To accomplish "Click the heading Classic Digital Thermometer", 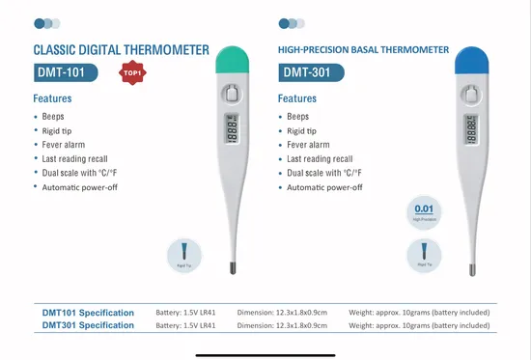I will [x=121, y=49].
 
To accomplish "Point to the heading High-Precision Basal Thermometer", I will [x=363, y=49].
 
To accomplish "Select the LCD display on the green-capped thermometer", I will [x=232, y=129].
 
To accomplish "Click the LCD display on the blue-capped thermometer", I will [x=470, y=129].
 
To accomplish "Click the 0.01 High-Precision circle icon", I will [x=423, y=211].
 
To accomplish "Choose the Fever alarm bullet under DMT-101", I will [x=64, y=145].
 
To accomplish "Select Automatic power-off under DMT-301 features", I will [x=324, y=187].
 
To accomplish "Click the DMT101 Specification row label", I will [x=88, y=313].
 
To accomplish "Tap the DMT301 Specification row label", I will [x=88, y=325].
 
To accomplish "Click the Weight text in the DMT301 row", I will [x=419, y=325].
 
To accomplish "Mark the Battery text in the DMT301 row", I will [x=185, y=325].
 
